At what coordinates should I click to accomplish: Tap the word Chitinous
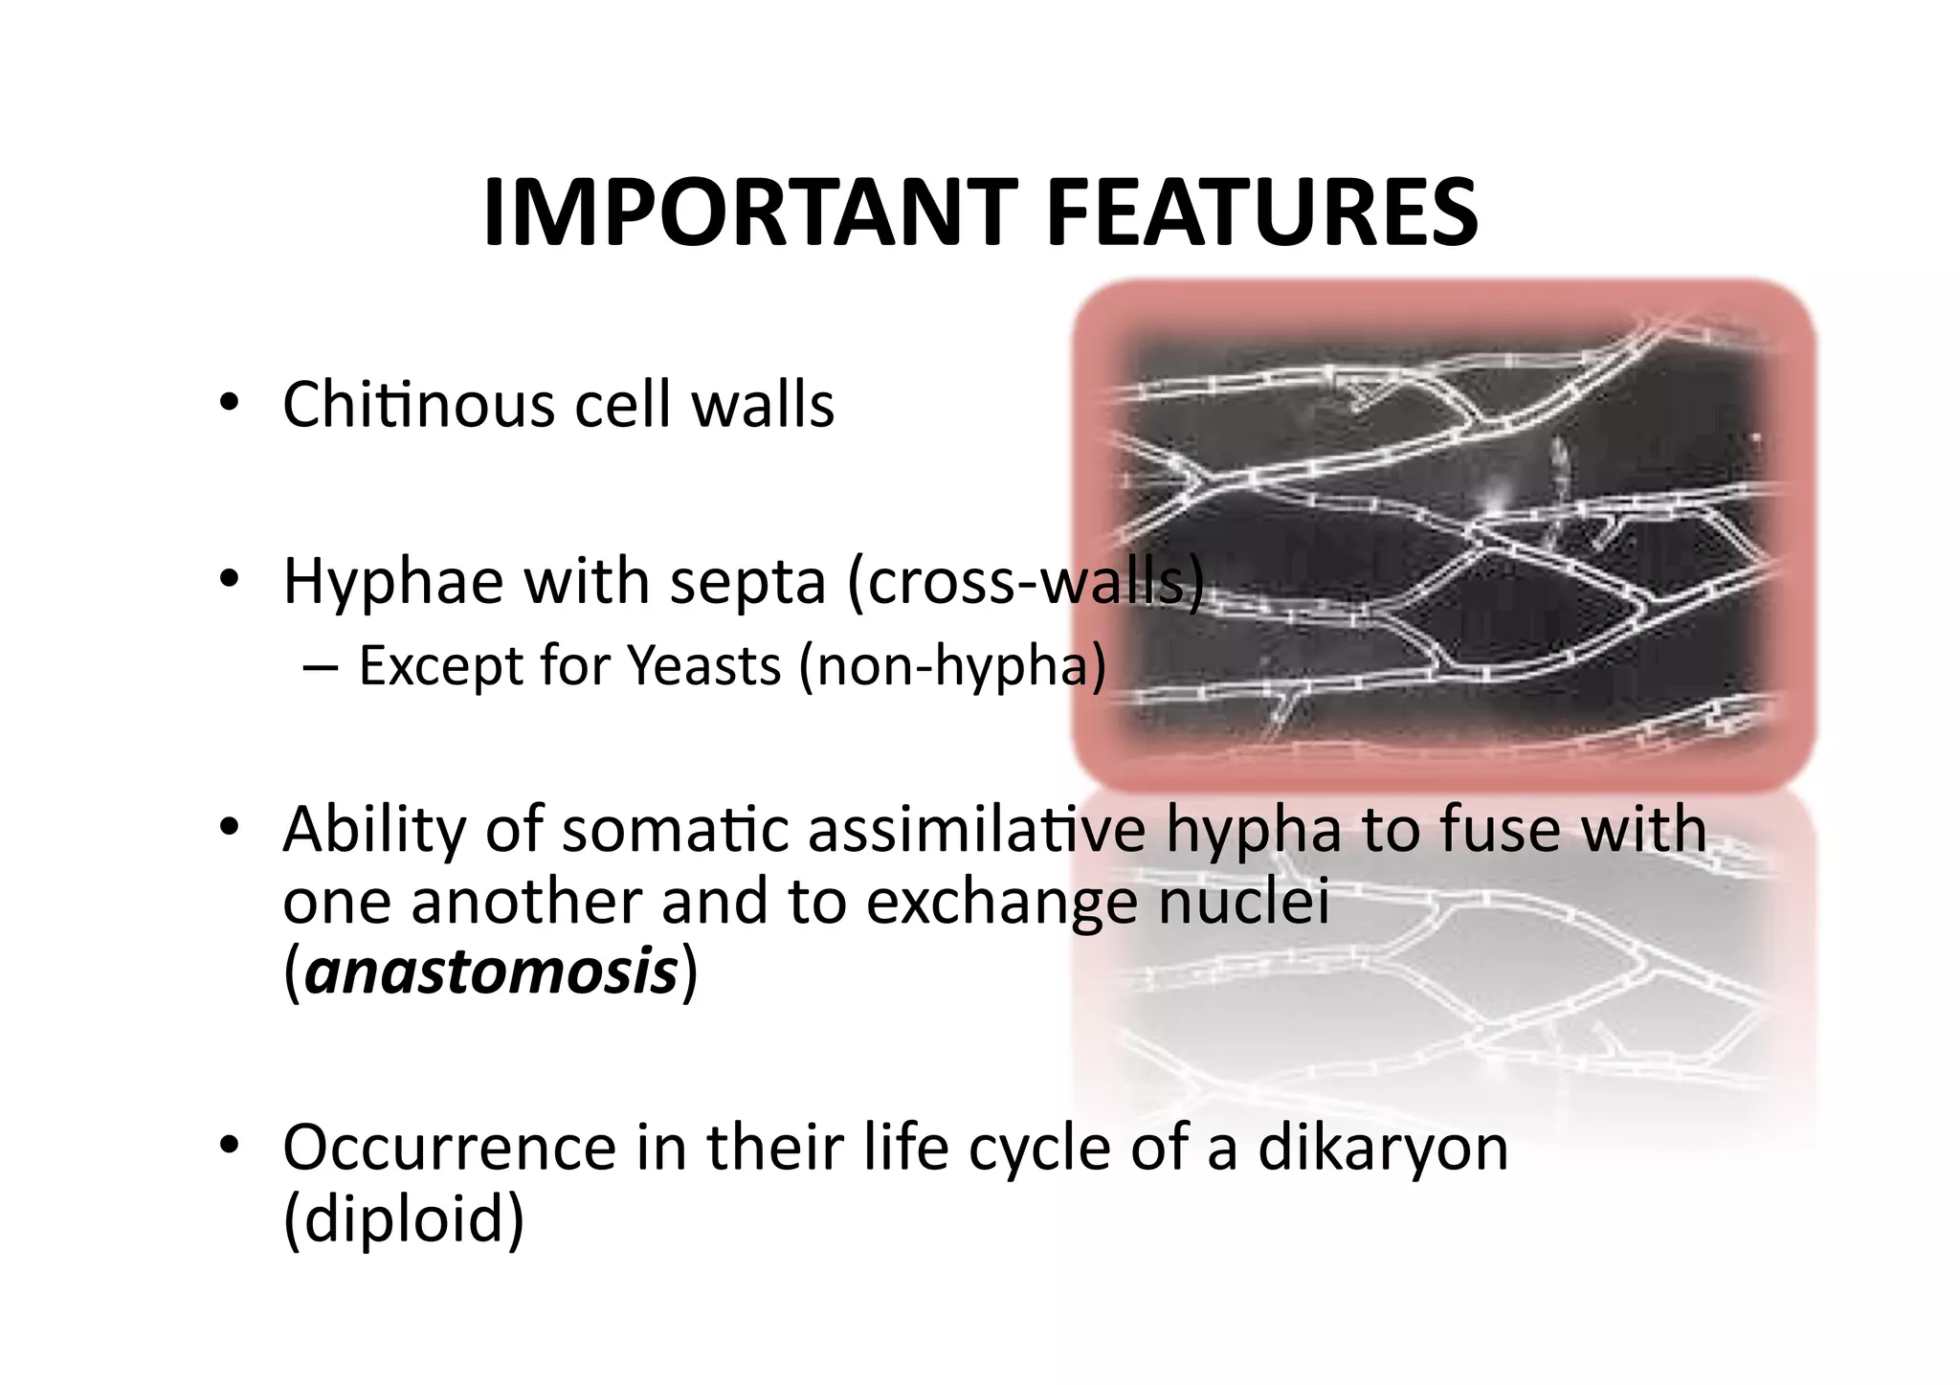point(417,404)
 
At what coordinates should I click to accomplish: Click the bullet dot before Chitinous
point(228,403)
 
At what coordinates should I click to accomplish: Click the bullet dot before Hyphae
point(228,580)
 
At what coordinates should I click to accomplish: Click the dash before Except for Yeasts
point(319,667)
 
